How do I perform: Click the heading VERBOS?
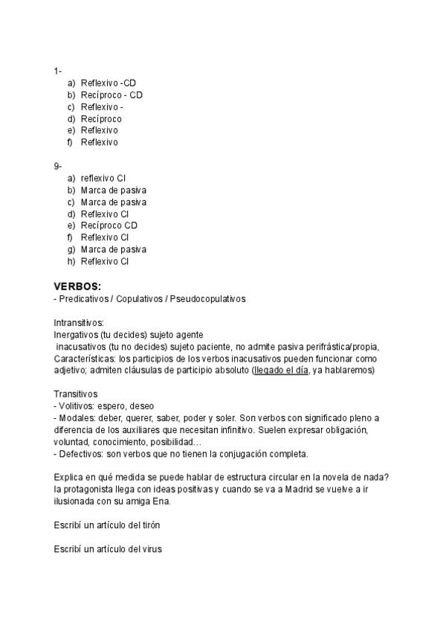pyautogui.click(x=77, y=286)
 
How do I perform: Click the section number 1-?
pyautogui.click(x=57, y=71)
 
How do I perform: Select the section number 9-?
pyautogui.click(x=57, y=166)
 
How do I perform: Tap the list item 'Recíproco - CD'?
pyautogui.click(x=111, y=95)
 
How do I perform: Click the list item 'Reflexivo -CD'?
pyautogui.click(x=109, y=83)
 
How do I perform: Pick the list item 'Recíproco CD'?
pyautogui.click(x=109, y=225)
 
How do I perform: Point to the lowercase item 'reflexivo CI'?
pyautogui.click(x=103, y=178)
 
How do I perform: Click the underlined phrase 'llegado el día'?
pyautogui.click(x=281, y=370)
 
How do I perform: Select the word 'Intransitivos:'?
pyautogui.click(x=79, y=323)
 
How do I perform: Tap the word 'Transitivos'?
pyautogui.click(x=75, y=394)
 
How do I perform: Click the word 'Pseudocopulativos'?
pyautogui.click(x=208, y=298)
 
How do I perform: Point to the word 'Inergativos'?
pyautogui.click(x=75, y=335)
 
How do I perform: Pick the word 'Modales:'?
pyautogui.click(x=77, y=417)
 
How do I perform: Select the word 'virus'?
pyautogui.click(x=151, y=549)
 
